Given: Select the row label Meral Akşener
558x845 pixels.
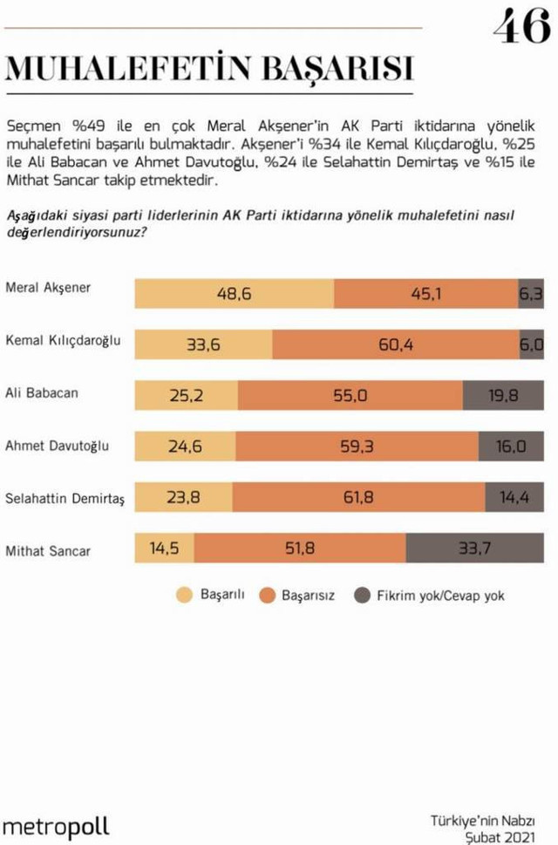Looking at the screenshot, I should click(48, 287).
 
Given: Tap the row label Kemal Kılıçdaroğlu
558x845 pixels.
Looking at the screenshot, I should click(63, 340).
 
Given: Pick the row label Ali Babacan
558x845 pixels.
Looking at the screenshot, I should click(42, 392).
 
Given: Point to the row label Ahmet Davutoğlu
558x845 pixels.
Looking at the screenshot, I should click(58, 445).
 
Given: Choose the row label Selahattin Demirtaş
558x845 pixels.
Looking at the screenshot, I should click(65, 498).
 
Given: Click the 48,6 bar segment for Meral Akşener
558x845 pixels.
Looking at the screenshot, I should click(234, 294).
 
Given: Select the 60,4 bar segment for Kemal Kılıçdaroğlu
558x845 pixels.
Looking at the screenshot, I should click(395, 345).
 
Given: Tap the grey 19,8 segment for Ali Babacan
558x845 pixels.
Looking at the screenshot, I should click(503, 397).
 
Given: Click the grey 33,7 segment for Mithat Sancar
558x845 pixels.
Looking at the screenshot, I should click(474, 549).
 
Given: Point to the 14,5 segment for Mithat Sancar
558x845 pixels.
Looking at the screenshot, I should click(165, 549).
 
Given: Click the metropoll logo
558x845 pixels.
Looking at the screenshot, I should click(56, 826).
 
